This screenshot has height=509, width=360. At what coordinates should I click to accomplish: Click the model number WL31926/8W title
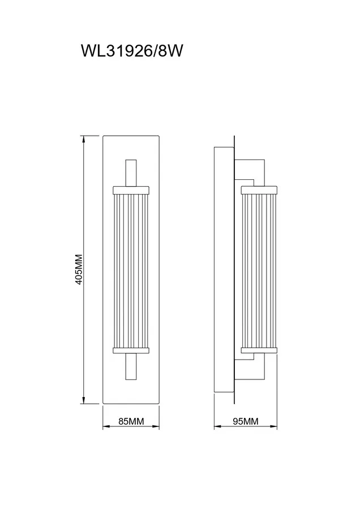click(x=131, y=51)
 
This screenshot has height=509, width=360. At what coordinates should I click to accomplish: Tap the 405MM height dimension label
click(x=79, y=269)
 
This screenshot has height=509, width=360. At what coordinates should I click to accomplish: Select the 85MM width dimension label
click(x=131, y=421)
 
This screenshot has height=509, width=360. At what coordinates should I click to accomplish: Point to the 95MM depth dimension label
click(x=246, y=421)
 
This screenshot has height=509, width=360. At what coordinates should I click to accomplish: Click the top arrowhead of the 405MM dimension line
click(x=84, y=139)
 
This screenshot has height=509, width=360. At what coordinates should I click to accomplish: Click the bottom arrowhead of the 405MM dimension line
click(x=84, y=400)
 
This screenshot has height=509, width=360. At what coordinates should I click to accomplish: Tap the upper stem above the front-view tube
click(x=131, y=172)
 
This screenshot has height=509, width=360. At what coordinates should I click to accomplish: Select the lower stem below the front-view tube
click(x=131, y=366)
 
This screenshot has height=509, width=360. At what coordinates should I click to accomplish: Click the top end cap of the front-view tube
click(x=131, y=190)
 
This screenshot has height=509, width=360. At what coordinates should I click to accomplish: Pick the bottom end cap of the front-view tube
click(x=131, y=350)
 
